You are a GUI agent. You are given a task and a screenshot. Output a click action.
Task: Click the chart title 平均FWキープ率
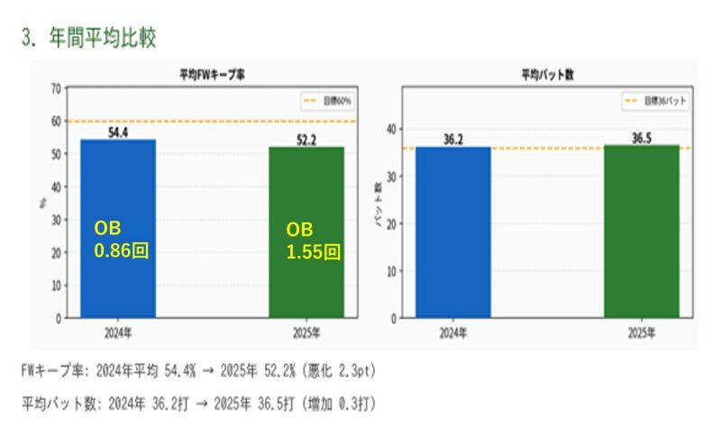(x=213, y=75)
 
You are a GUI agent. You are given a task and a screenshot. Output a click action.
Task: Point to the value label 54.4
(x=118, y=132)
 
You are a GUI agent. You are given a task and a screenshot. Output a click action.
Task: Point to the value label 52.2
(x=307, y=139)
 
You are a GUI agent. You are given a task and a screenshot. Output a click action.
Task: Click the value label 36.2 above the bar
(x=453, y=139)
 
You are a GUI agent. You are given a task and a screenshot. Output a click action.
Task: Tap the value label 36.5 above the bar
(x=642, y=137)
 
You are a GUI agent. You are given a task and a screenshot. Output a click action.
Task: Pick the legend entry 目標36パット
(x=658, y=102)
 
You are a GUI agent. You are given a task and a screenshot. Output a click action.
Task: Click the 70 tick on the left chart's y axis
(x=56, y=88)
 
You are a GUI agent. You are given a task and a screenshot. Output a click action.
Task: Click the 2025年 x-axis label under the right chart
(x=642, y=332)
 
